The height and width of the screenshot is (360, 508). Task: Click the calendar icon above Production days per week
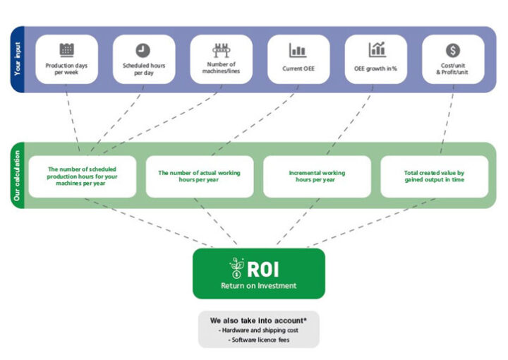(66, 49)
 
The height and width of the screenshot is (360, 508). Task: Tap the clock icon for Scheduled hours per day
(143, 50)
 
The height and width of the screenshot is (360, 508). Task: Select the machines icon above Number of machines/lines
(221, 49)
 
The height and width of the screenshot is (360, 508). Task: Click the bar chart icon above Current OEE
(298, 50)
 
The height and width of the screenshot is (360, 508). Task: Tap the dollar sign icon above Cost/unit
(453, 50)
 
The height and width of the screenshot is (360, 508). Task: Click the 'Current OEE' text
(298, 69)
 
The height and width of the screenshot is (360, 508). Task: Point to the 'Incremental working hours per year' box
(317, 176)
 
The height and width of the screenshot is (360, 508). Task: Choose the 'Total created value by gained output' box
(434, 176)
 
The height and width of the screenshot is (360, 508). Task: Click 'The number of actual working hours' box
(199, 176)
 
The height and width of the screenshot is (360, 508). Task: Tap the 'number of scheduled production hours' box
(82, 176)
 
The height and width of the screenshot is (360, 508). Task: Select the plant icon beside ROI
(236, 268)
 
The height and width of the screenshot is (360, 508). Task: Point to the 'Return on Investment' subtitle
(258, 286)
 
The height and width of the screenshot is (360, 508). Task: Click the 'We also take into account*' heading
(258, 320)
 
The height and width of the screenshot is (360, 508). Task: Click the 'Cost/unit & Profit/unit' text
(453, 69)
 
